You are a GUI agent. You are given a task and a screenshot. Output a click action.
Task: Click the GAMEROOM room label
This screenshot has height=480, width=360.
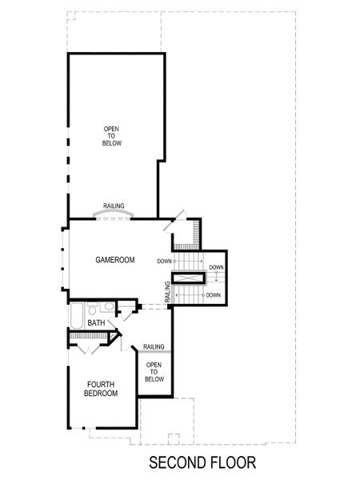[x=114, y=260]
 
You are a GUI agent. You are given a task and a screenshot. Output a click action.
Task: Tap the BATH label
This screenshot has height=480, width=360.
[x=96, y=322]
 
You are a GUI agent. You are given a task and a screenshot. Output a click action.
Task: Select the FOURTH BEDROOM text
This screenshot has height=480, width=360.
[x=102, y=389]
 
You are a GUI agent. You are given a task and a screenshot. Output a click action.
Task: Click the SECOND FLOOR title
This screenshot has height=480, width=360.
[x=202, y=462]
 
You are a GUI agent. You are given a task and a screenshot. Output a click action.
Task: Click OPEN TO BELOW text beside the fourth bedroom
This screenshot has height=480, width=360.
[x=154, y=372]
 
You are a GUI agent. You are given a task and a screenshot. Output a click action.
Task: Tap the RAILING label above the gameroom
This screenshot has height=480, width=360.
[x=114, y=206]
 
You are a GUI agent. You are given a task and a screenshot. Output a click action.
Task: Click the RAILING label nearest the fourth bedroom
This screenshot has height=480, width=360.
[x=154, y=346]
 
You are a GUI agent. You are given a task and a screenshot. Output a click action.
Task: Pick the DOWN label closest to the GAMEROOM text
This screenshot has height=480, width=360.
[x=164, y=261]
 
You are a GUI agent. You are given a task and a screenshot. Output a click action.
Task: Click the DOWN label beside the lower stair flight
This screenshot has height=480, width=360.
[x=213, y=295]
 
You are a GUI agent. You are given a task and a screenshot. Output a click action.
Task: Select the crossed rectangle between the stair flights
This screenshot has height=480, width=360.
[x=190, y=278]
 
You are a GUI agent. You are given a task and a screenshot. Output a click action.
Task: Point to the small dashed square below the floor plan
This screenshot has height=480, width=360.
[x=173, y=438]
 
